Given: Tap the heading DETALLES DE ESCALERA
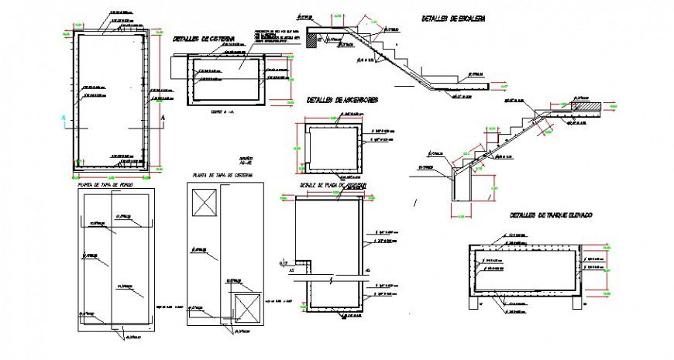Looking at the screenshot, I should (x=453, y=18).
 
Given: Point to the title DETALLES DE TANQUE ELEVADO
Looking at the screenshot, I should (x=550, y=215).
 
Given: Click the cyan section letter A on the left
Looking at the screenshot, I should (x=62, y=117).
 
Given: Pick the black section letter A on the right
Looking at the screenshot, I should (x=163, y=117).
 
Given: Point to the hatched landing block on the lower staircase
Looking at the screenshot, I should (x=586, y=107).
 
